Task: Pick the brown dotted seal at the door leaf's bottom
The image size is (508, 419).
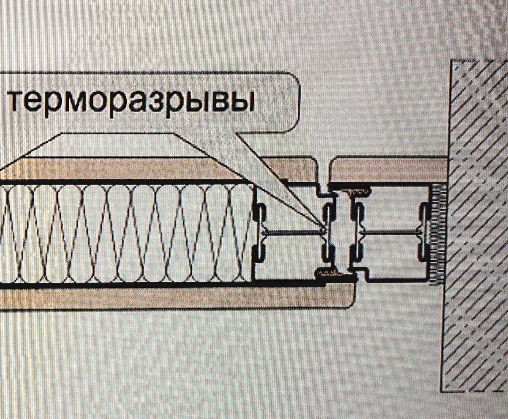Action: [x=333, y=273]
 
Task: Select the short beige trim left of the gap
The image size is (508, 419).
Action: [x=290, y=170]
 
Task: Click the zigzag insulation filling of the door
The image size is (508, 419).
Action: [x=127, y=234]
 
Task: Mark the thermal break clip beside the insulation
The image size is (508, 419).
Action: [x=259, y=234]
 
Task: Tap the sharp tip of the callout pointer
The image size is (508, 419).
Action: [x=323, y=230]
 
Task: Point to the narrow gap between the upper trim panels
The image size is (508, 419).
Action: [x=324, y=175]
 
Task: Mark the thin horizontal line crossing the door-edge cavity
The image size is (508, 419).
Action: [x=294, y=232]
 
